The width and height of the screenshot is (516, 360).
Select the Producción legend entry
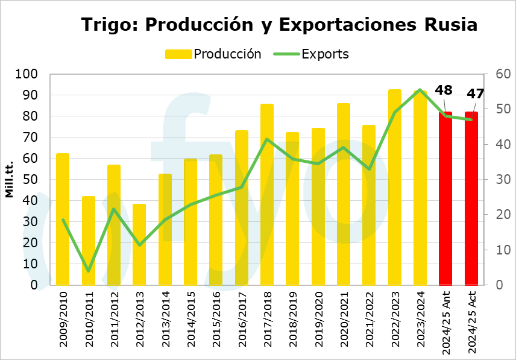coord(213,54)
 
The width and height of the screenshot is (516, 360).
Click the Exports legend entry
coord(310,54)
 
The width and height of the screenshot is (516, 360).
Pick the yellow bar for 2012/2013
coord(139,244)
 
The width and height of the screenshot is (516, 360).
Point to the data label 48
coord(444,90)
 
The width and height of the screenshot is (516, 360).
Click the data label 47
coord(476,94)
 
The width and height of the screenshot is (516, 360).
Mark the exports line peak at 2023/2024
coord(420,90)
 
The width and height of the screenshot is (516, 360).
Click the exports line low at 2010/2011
coord(89,271)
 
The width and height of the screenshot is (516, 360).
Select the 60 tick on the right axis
coord(503,74)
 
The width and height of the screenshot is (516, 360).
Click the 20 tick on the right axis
coord(503,215)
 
